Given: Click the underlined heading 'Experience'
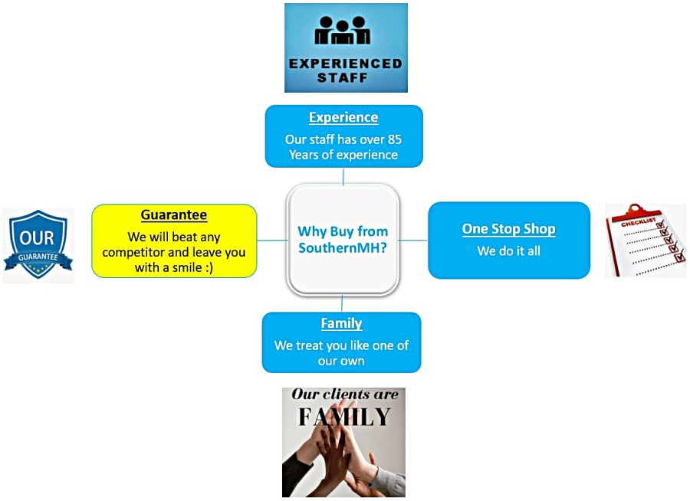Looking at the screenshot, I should (343, 117).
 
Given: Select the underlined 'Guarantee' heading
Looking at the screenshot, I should (174, 215).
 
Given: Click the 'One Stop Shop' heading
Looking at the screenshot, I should (508, 229).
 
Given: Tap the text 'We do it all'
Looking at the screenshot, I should (508, 250).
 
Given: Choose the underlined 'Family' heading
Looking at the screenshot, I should (341, 323).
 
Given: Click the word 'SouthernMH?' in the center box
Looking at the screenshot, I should (343, 248).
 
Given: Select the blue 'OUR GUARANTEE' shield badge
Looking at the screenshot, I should (38, 244).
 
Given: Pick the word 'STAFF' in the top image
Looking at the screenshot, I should (345, 77).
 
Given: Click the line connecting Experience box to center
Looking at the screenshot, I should (343, 175).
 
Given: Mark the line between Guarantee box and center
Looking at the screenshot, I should (271, 240).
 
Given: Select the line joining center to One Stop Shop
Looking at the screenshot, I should (413, 240).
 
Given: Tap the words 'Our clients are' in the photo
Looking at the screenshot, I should (344, 395).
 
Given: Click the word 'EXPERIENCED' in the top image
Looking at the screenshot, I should (345, 64).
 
